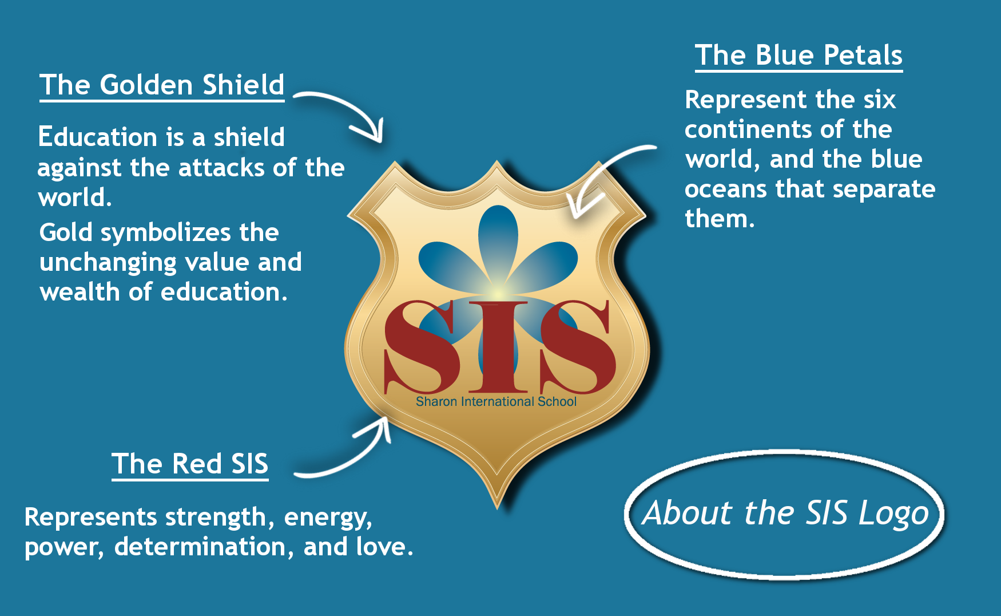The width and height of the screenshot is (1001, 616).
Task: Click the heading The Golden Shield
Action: (x=162, y=85)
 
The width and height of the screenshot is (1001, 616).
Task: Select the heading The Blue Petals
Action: (x=799, y=56)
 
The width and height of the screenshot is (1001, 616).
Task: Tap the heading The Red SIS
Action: (x=190, y=464)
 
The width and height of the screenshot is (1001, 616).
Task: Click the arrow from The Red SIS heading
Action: (x=349, y=452)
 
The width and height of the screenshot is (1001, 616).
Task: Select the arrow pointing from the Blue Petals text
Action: (x=606, y=172)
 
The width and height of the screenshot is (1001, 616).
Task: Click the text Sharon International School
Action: (x=496, y=402)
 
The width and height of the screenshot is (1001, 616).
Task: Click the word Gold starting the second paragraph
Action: (x=66, y=233)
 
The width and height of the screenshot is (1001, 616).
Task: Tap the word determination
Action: (x=200, y=547)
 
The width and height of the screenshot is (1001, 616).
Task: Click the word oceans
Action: (x=725, y=189)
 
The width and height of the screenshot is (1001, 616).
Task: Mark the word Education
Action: (x=97, y=137)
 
